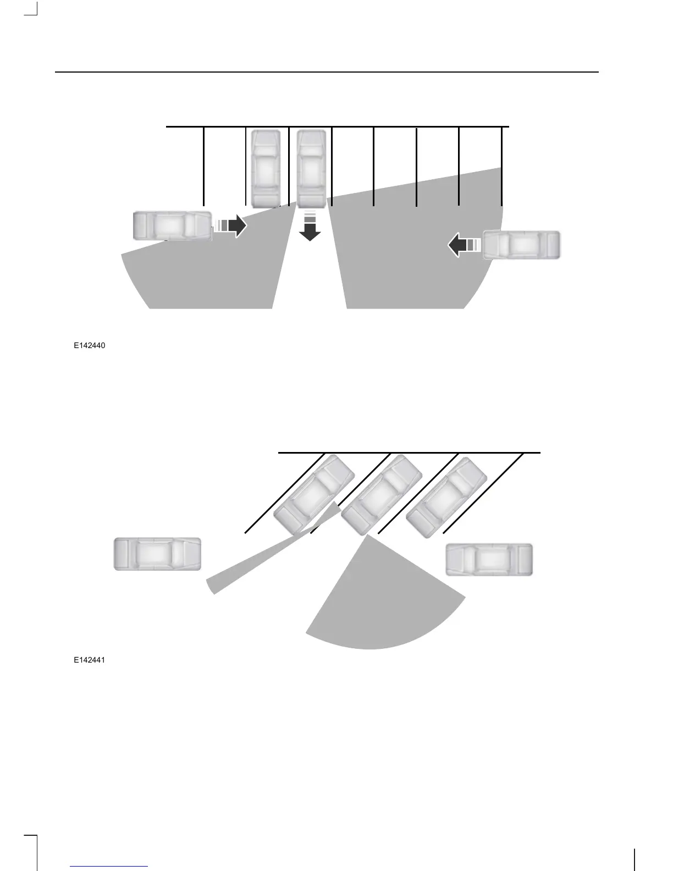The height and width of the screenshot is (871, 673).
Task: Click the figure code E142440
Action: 90,346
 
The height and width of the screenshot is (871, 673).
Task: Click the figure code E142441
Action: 90,660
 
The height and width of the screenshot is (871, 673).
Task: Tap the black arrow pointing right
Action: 237,225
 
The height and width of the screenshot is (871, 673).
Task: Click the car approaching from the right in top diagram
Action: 521,245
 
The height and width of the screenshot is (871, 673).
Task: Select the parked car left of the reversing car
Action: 266,167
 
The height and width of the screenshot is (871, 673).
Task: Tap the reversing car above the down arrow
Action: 312,167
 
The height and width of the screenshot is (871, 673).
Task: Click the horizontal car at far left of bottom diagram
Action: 157,554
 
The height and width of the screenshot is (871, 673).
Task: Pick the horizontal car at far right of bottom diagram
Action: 489,559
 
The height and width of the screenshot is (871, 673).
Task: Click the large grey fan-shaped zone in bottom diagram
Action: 379,605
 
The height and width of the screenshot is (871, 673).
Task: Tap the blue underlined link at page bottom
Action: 109,867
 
